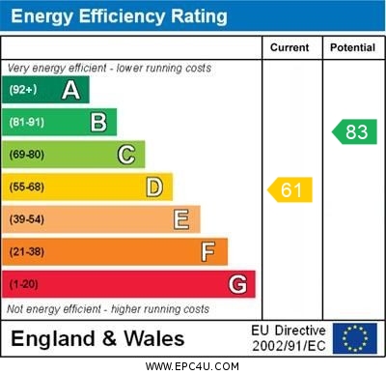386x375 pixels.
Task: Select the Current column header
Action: click(x=289, y=47)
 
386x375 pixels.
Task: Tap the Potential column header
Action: click(x=351, y=47)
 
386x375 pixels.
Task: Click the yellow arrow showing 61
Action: click(x=290, y=189)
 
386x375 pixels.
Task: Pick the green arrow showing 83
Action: click(x=355, y=131)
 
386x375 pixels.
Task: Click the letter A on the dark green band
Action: click(x=70, y=91)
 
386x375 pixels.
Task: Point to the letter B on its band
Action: click(x=98, y=122)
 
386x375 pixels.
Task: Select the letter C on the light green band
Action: click(x=125, y=155)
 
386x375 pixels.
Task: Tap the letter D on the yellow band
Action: click(x=153, y=187)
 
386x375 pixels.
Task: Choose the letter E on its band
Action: click(x=180, y=219)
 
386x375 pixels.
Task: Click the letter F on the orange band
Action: click(x=207, y=252)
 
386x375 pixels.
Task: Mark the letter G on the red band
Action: click(x=236, y=284)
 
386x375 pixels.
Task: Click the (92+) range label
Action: click(x=22, y=91)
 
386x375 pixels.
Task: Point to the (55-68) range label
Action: click(x=27, y=187)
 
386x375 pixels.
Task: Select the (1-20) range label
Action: click(x=24, y=284)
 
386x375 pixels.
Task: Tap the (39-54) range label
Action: click(x=27, y=219)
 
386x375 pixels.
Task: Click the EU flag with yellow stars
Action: click(x=354, y=337)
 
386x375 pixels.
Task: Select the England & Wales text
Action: click(x=97, y=338)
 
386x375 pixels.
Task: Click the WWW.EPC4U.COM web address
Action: click(x=193, y=366)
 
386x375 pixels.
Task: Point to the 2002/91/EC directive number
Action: click(x=289, y=345)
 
